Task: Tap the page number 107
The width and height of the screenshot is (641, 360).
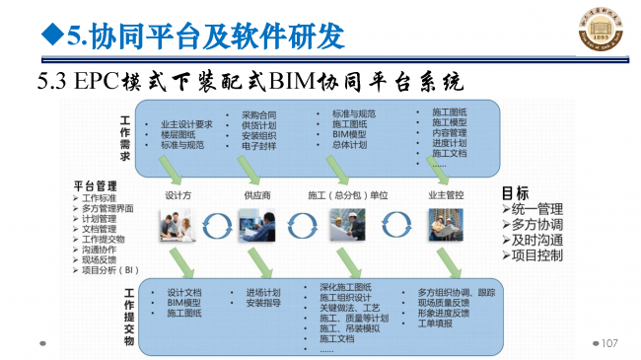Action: [607, 342]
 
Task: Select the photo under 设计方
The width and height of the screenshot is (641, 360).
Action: [180, 225]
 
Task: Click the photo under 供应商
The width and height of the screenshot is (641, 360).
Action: [258, 225]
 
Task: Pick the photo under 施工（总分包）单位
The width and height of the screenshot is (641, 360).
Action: [348, 225]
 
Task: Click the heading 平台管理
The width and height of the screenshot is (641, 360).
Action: [96, 184]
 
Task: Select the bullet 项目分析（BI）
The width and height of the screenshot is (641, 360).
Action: [111, 268]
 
